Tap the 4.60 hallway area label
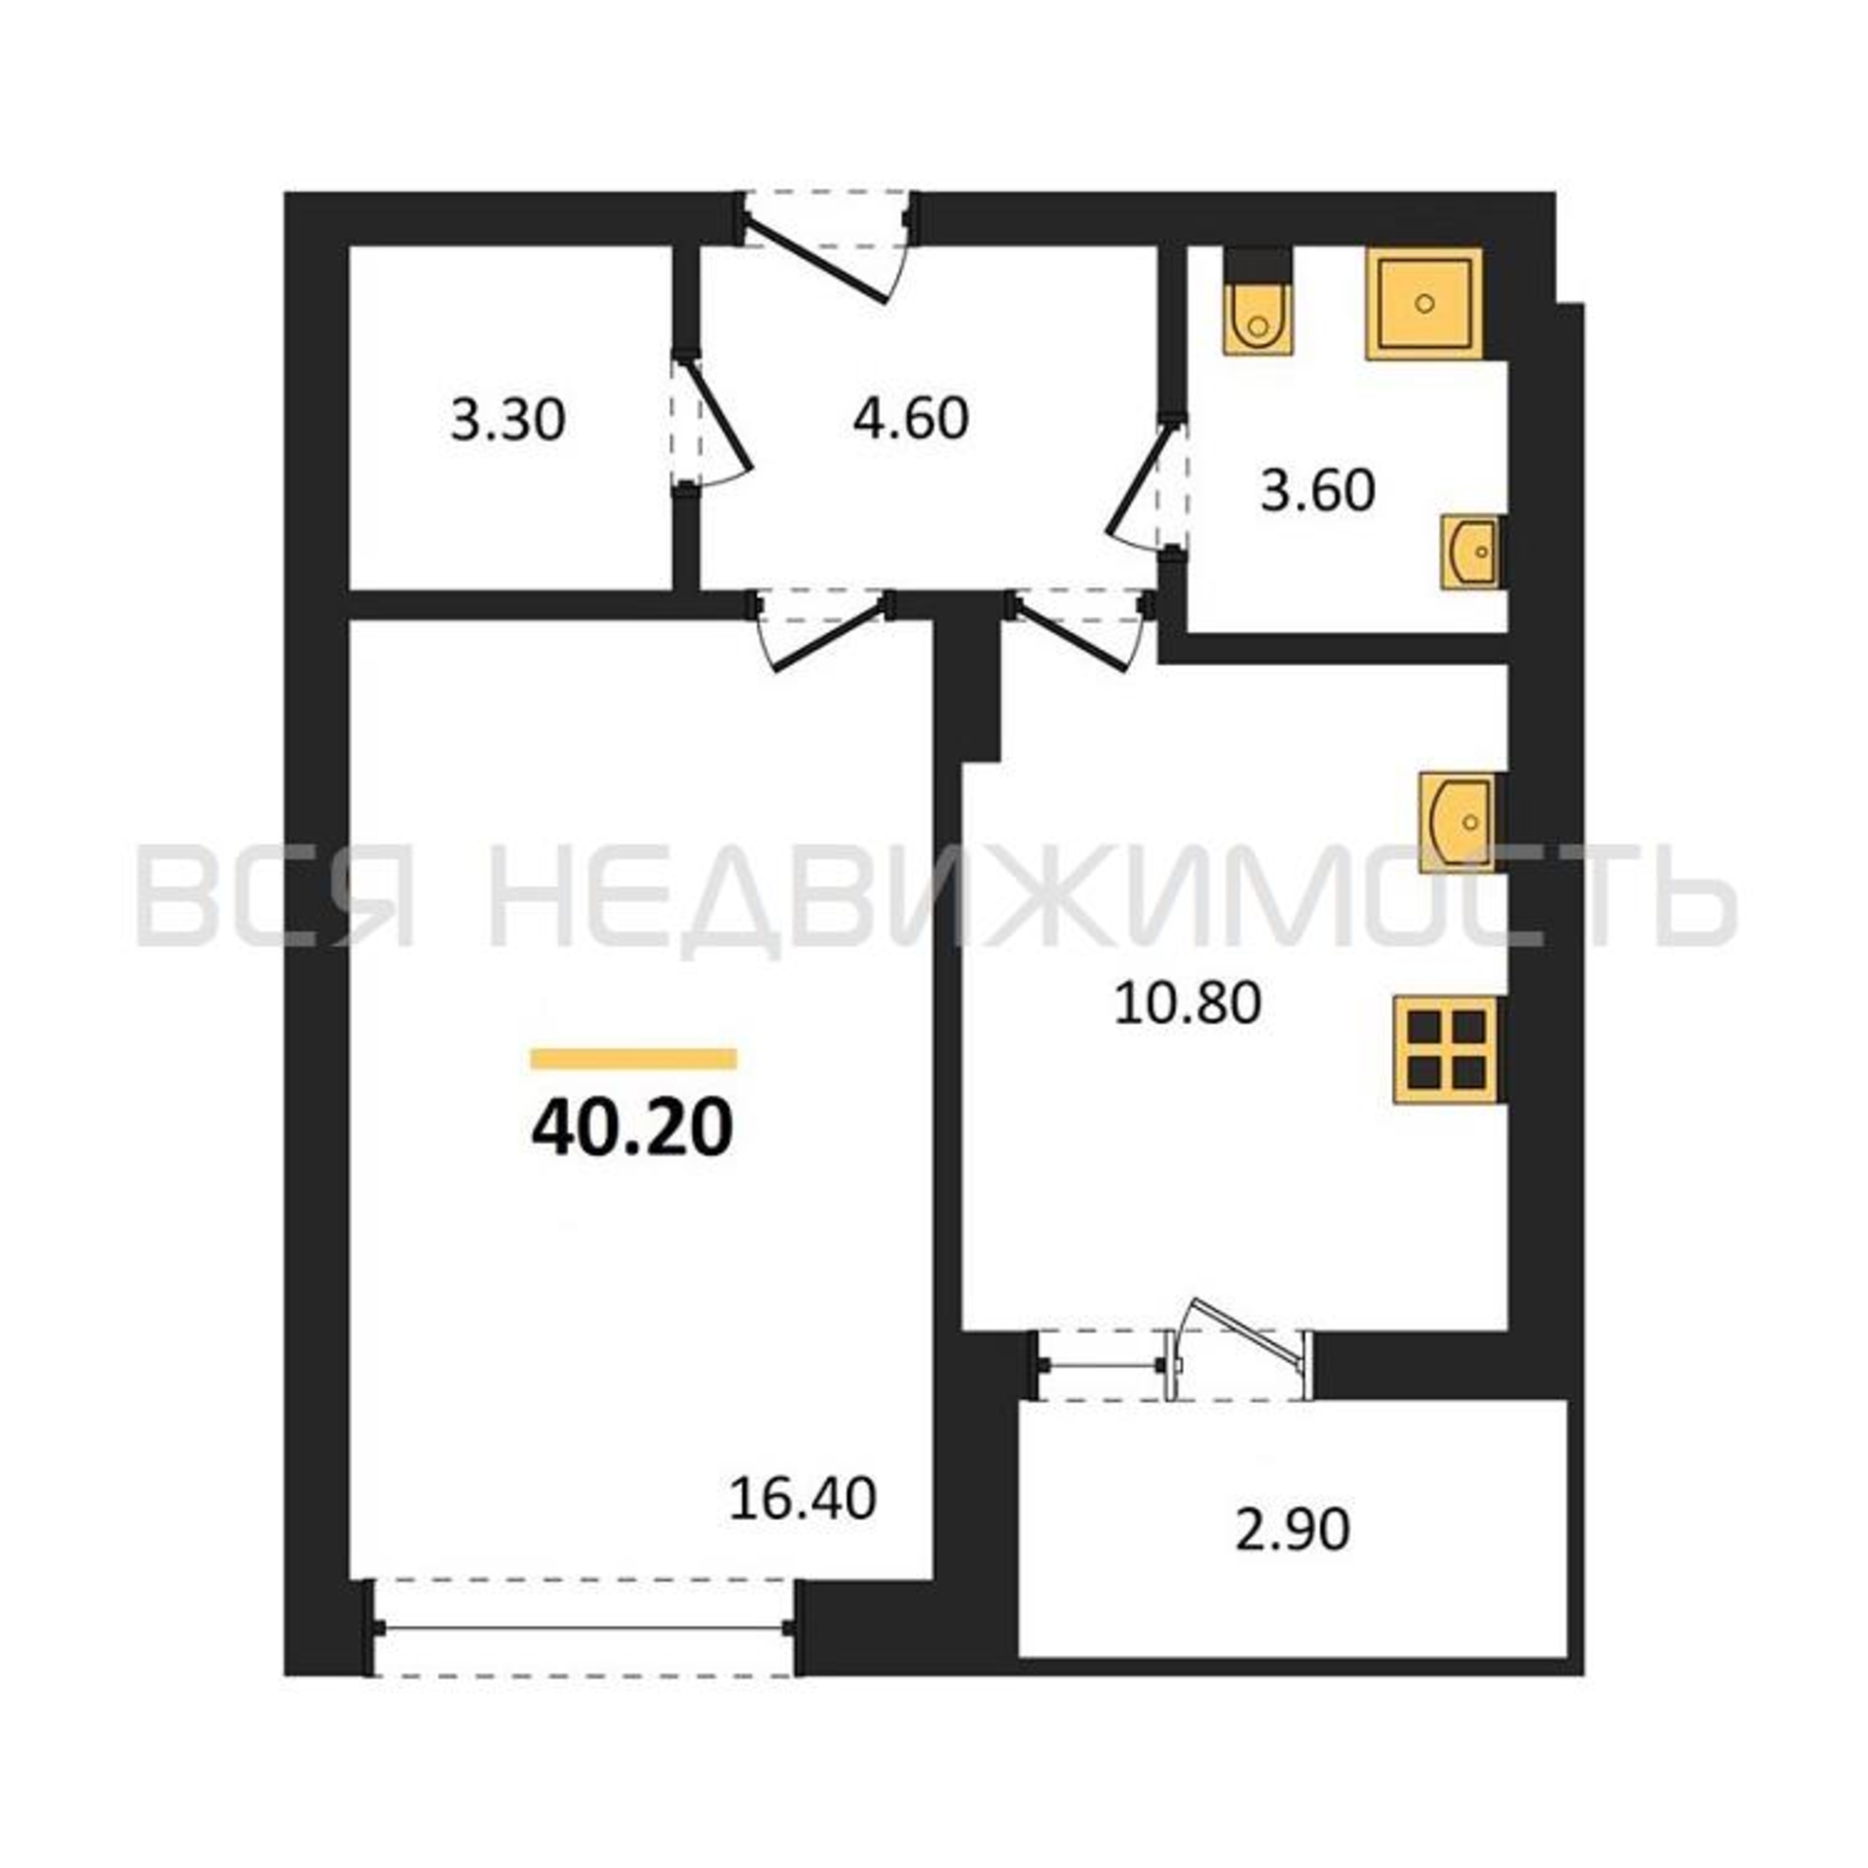(x=910, y=418)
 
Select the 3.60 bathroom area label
(x=1317, y=491)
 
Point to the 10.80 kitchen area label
(x=1187, y=1004)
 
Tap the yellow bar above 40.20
(x=633, y=1059)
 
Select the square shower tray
(x=1423, y=304)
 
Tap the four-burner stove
(x=1448, y=1050)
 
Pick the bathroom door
(x=1147, y=487)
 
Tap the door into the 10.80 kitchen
(x=1081, y=630)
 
